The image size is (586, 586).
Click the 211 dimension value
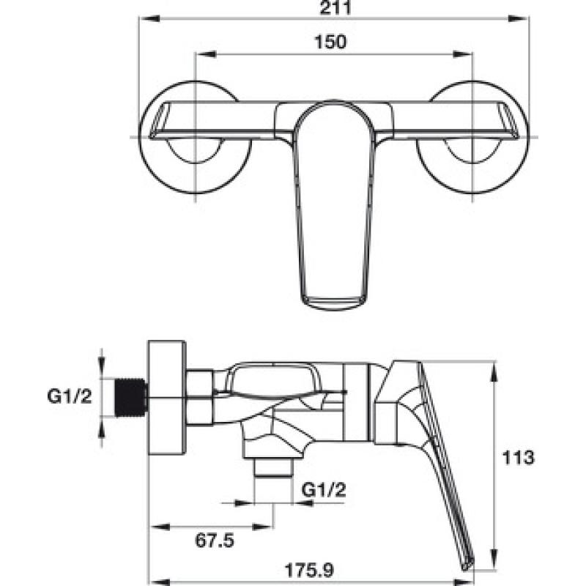click(x=335, y=7)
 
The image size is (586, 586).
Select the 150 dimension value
click(x=330, y=42)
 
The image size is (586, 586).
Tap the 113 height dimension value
click(x=518, y=457)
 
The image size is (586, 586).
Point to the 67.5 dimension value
click(x=215, y=541)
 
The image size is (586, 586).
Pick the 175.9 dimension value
click(x=308, y=571)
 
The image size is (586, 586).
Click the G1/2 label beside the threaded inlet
click(x=70, y=396)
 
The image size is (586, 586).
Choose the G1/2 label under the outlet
click(x=324, y=489)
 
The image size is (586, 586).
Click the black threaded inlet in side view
click(x=130, y=397)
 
